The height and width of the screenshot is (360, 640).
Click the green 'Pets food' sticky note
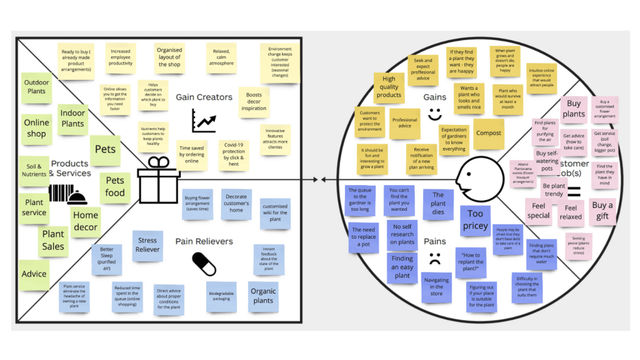click(114, 187)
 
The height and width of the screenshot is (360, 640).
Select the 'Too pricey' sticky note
click(475, 221)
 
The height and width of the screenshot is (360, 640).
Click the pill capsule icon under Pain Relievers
click(203, 264)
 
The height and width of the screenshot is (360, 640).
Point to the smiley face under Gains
click(434, 114)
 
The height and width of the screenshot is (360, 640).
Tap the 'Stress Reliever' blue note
click(147, 245)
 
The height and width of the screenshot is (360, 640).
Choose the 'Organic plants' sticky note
click(263, 296)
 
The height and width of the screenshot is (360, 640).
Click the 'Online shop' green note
click(36, 128)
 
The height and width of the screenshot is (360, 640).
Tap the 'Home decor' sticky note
click(86, 221)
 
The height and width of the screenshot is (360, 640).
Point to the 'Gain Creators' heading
click(204, 97)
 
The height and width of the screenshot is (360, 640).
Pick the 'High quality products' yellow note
click(389, 87)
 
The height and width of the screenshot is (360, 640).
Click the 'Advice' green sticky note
click(34, 274)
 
